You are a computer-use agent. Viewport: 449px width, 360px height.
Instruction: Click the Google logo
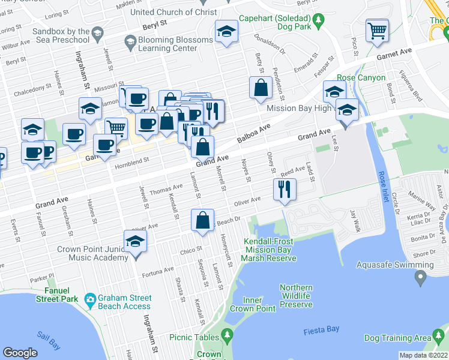20,353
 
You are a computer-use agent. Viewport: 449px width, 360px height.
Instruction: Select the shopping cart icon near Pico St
377,29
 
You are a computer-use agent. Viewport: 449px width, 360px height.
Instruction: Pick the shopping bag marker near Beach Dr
203,220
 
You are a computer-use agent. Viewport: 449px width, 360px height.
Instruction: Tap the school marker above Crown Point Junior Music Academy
136,242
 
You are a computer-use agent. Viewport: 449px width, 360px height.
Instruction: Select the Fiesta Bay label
322,329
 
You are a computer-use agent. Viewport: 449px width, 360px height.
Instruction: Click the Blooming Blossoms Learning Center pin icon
130,40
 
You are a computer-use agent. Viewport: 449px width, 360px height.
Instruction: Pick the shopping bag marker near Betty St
260,88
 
